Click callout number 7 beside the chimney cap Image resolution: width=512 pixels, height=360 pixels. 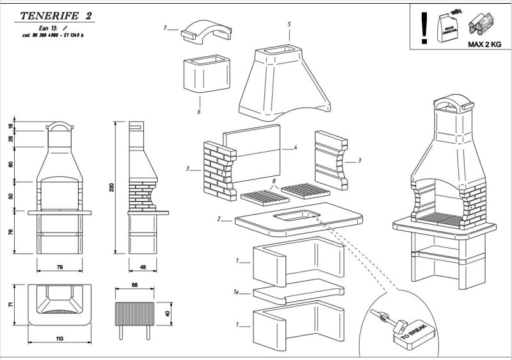click(x=165, y=28)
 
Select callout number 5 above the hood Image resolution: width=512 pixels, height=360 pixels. click(x=289, y=24)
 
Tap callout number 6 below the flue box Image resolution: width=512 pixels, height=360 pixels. click(x=199, y=111)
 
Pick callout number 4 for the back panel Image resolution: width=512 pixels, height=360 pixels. click(x=296, y=148)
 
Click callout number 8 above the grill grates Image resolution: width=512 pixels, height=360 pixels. click(x=274, y=182)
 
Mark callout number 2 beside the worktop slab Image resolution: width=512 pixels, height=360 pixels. click(x=220, y=219)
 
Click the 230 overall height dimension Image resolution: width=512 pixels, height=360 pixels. click(x=112, y=187)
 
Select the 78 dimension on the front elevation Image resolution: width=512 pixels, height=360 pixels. click(x=11, y=232)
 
